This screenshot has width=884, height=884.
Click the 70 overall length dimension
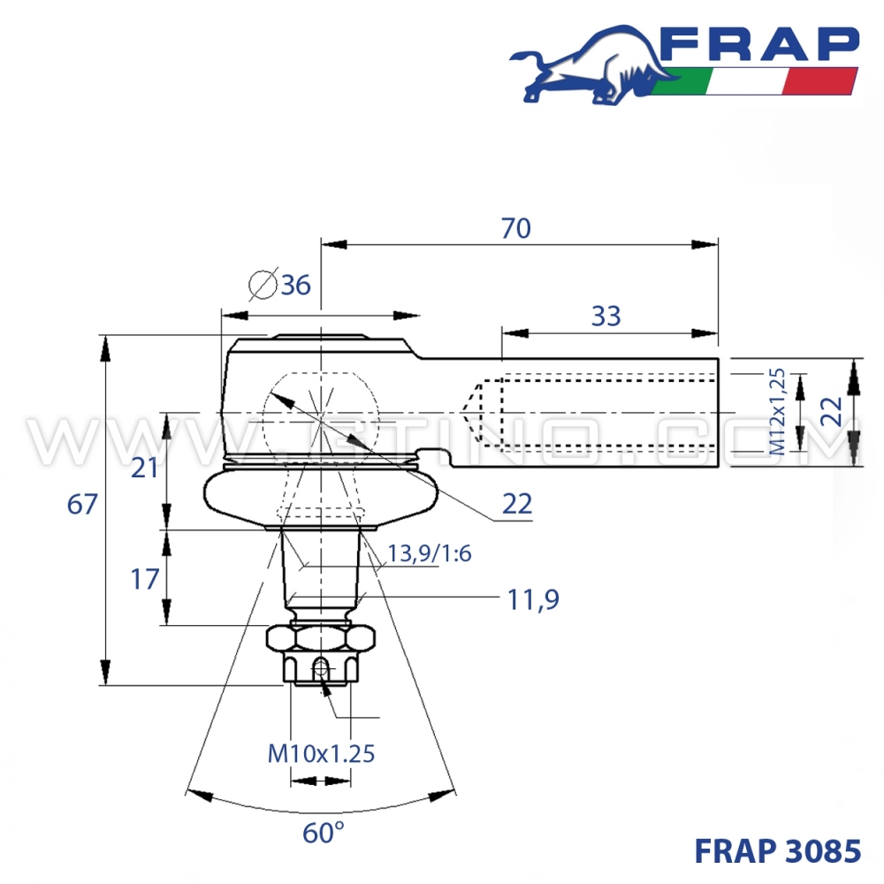tap(515, 228)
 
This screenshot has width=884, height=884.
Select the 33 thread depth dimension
tap(606, 316)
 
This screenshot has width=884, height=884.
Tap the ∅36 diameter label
tap(280, 285)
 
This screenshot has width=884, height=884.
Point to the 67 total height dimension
tap(81, 505)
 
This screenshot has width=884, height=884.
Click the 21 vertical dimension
tap(144, 467)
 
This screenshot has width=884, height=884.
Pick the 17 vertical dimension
tap(144, 579)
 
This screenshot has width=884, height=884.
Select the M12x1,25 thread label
tap(777, 412)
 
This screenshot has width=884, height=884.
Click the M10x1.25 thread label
tap(321, 753)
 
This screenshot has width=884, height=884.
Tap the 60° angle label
tap(323, 832)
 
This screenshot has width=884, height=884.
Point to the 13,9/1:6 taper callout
tap(430, 554)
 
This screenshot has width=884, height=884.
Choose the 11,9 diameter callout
tap(534, 600)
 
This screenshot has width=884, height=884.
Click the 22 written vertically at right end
tap(831, 411)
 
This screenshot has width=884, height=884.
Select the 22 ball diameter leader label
tap(517, 504)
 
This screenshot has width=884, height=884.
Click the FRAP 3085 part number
tap(777, 850)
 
